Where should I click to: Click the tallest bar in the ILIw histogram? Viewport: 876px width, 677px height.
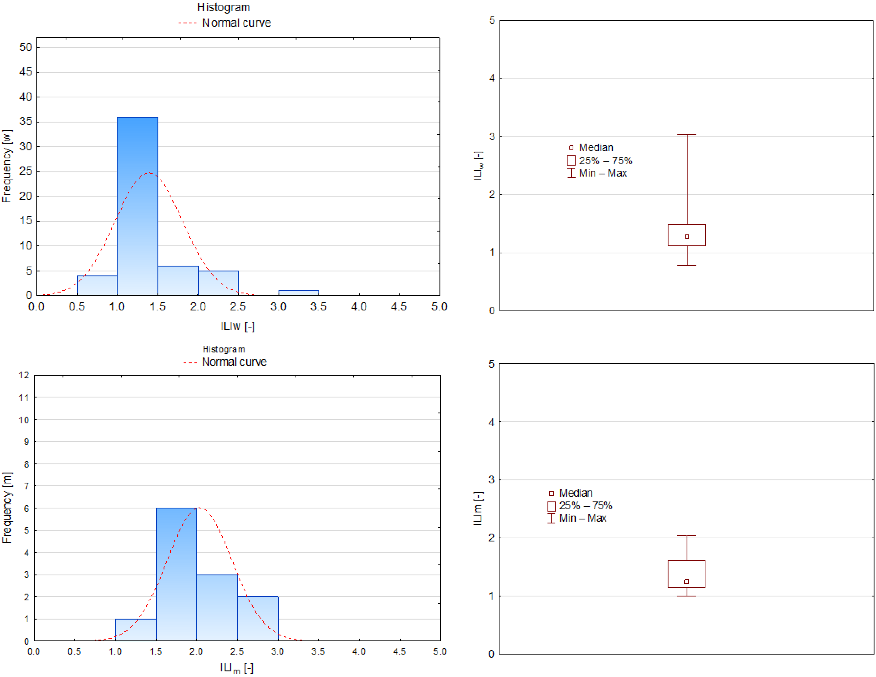(137, 206)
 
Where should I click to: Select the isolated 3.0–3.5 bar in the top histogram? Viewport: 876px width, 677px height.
(299, 293)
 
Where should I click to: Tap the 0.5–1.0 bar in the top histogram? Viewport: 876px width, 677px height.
(97, 286)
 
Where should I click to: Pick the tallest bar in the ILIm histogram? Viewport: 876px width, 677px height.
(177, 574)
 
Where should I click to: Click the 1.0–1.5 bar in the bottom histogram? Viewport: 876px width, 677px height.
(136, 630)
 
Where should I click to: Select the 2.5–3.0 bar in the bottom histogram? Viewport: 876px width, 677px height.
(258, 619)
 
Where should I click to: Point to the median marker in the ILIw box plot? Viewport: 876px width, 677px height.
(687, 237)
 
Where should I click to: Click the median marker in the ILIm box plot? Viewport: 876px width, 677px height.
(687, 581)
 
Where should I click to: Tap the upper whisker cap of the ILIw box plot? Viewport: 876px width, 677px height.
(687, 135)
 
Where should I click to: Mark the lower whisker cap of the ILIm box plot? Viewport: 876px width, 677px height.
(687, 596)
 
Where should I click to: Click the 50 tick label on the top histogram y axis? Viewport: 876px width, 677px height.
(26, 47)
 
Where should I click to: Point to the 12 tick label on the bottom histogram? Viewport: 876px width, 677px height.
(24, 375)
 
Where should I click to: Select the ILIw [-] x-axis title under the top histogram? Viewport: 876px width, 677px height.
(238, 326)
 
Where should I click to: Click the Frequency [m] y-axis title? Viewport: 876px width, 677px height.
(7, 508)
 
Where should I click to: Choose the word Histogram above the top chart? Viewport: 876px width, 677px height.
(224, 8)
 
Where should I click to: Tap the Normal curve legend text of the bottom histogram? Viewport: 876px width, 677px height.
(234, 362)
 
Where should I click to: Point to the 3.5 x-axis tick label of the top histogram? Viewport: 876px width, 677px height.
(319, 307)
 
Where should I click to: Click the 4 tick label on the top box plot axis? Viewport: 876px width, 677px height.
(492, 78)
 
